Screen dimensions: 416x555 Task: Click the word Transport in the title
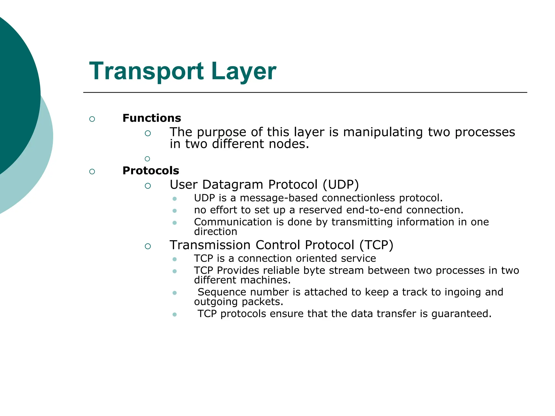[146, 71]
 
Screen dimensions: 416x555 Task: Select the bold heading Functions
[152, 118]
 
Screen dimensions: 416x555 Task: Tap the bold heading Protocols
[151, 171]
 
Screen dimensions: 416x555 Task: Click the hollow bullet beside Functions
[92, 119]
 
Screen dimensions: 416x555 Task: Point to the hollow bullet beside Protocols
[92, 171]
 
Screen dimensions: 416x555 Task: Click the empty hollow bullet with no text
[147, 159]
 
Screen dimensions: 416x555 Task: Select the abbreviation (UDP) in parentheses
[341, 185]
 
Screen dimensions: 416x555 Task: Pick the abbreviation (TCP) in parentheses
[376, 245]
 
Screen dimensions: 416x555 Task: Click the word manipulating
[383, 132]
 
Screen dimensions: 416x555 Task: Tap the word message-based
[279, 198]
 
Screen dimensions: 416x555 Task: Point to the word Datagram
[233, 185]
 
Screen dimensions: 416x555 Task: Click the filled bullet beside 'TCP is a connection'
[175, 259]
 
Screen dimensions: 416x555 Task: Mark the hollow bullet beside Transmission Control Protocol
[148, 246]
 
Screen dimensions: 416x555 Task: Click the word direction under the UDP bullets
[215, 232]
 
